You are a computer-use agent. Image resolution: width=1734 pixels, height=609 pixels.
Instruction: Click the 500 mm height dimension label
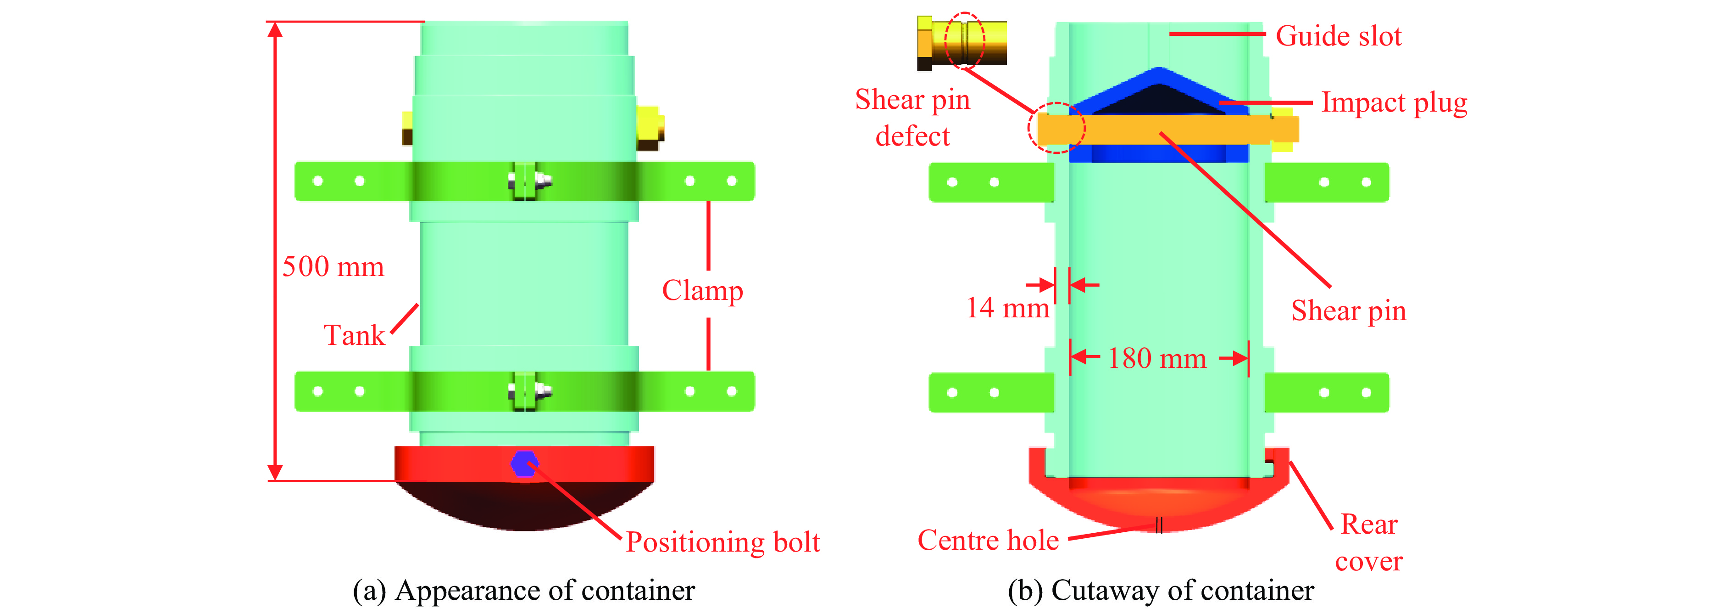click(x=333, y=267)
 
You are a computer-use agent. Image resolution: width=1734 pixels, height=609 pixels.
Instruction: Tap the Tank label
click(x=354, y=335)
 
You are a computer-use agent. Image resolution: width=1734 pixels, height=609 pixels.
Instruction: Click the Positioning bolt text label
click(x=722, y=541)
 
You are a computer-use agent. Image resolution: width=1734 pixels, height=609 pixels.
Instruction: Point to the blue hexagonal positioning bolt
click(x=524, y=463)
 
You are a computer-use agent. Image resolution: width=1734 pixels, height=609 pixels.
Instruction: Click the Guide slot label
click(x=1338, y=36)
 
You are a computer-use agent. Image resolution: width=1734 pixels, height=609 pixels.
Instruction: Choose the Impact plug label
click(x=1394, y=102)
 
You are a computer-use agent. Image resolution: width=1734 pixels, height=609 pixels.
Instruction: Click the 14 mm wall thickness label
click(x=1007, y=308)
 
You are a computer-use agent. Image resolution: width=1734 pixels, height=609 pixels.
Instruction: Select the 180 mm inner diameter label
click(x=1157, y=358)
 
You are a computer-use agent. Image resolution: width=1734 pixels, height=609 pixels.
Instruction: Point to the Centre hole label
click(x=988, y=540)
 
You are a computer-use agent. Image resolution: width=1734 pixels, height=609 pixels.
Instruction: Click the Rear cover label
click(x=1368, y=542)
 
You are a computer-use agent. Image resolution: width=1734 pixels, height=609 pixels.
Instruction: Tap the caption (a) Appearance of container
click(x=524, y=590)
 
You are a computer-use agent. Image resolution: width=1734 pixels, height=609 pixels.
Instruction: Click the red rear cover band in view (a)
click(x=592, y=463)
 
